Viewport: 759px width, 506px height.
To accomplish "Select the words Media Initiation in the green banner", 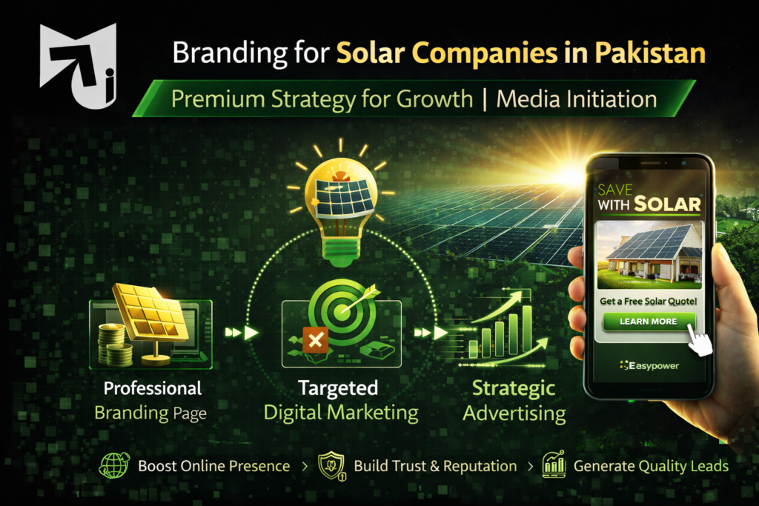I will coord(576,99).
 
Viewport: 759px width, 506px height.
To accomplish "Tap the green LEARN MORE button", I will coord(649,322).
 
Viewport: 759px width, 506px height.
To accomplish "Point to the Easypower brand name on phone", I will coord(649,365).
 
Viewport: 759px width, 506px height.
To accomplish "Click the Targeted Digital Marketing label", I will coord(340,400).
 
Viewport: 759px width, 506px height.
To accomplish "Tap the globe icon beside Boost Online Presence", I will coord(114,466).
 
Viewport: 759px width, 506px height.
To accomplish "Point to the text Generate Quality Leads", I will coord(651,466).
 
